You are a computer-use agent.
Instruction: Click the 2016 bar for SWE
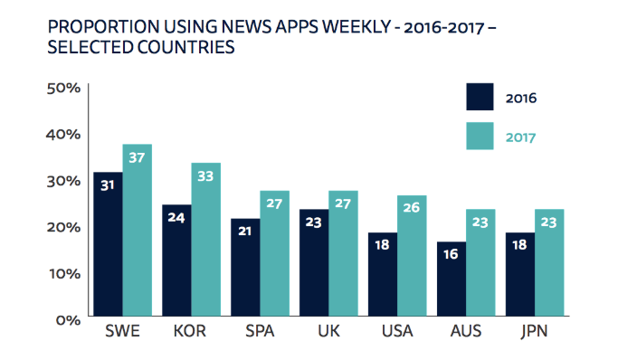[108, 245]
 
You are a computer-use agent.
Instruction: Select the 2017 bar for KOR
[205, 241]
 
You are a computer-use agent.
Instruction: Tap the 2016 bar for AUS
[452, 280]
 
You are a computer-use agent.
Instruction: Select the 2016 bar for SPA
[245, 269]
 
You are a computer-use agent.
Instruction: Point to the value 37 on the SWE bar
[137, 158]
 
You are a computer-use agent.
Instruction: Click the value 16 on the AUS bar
[452, 256]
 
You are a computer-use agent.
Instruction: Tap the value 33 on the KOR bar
[205, 177]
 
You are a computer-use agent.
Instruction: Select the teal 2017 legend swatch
[480, 137]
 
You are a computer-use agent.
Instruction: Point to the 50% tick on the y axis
[66, 88]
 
